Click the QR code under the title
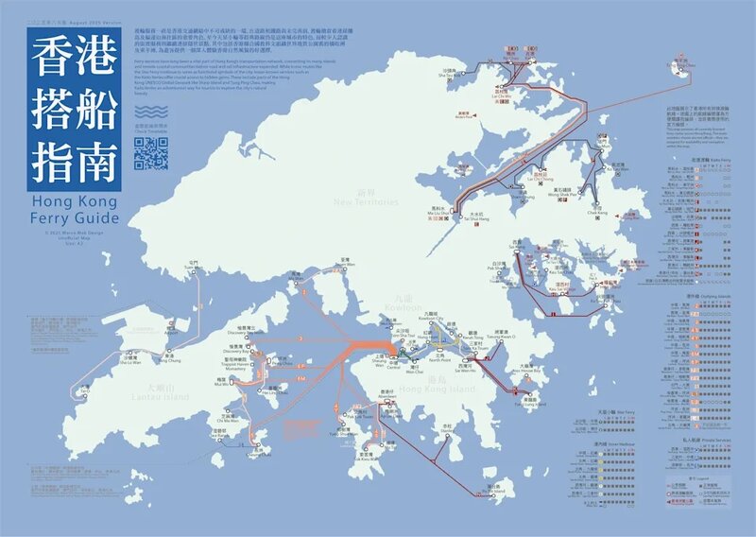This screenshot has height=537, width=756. tap(151, 153)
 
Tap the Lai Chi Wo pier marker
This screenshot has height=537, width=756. tap(499, 88)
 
